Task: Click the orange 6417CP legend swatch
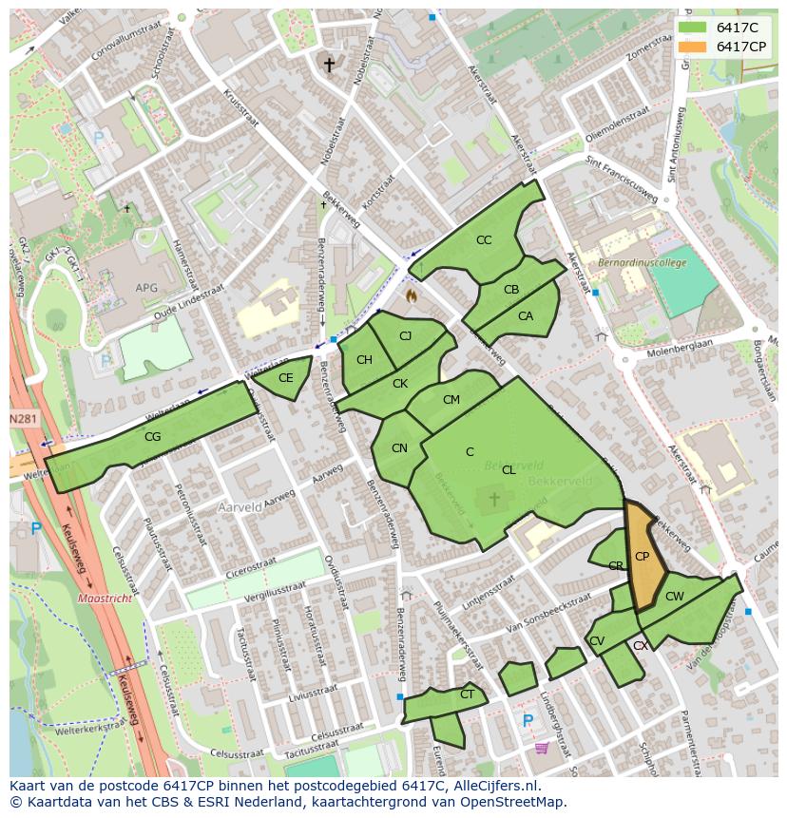694,47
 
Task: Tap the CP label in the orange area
642,557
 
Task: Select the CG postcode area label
152,438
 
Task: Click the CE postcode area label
285,378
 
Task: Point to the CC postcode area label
484,240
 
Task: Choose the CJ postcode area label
406,336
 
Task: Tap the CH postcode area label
364,360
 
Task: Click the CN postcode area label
399,448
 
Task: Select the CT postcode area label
467,694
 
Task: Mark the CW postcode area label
674,597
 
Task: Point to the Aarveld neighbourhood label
240,508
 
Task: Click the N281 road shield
24,419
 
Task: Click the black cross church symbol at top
330,65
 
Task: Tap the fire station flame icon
412,296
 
